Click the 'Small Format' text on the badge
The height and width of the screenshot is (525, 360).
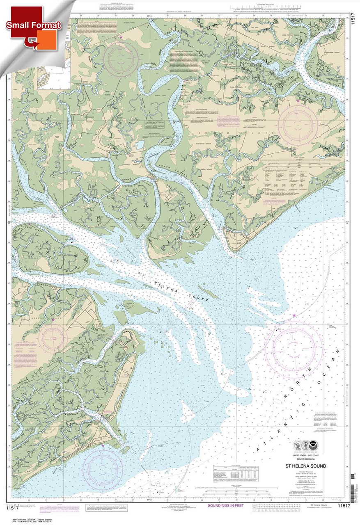coord(33,25)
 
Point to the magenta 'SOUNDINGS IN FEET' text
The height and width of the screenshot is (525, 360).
coord(226,505)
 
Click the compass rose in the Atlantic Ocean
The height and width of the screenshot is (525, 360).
coord(294,349)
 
